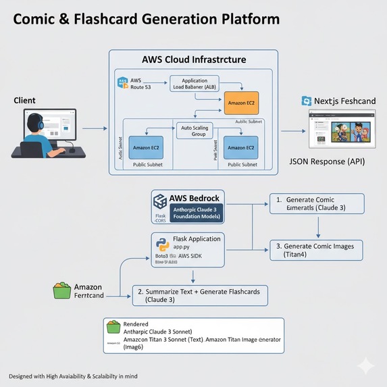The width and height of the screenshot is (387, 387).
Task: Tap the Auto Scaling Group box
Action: [x=198, y=131]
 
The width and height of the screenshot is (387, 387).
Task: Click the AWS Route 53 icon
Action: [x=123, y=84]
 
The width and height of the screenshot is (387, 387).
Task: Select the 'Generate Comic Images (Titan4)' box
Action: [x=315, y=249]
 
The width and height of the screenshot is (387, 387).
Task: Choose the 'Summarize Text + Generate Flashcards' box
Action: [x=200, y=295]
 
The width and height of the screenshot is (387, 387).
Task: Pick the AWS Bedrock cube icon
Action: [x=160, y=201]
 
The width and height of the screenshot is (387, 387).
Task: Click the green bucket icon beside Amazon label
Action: [x=62, y=290]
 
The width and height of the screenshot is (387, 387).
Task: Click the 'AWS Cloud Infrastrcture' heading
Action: [x=194, y=60]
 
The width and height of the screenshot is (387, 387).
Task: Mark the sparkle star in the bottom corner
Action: [x=365, y=365]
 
